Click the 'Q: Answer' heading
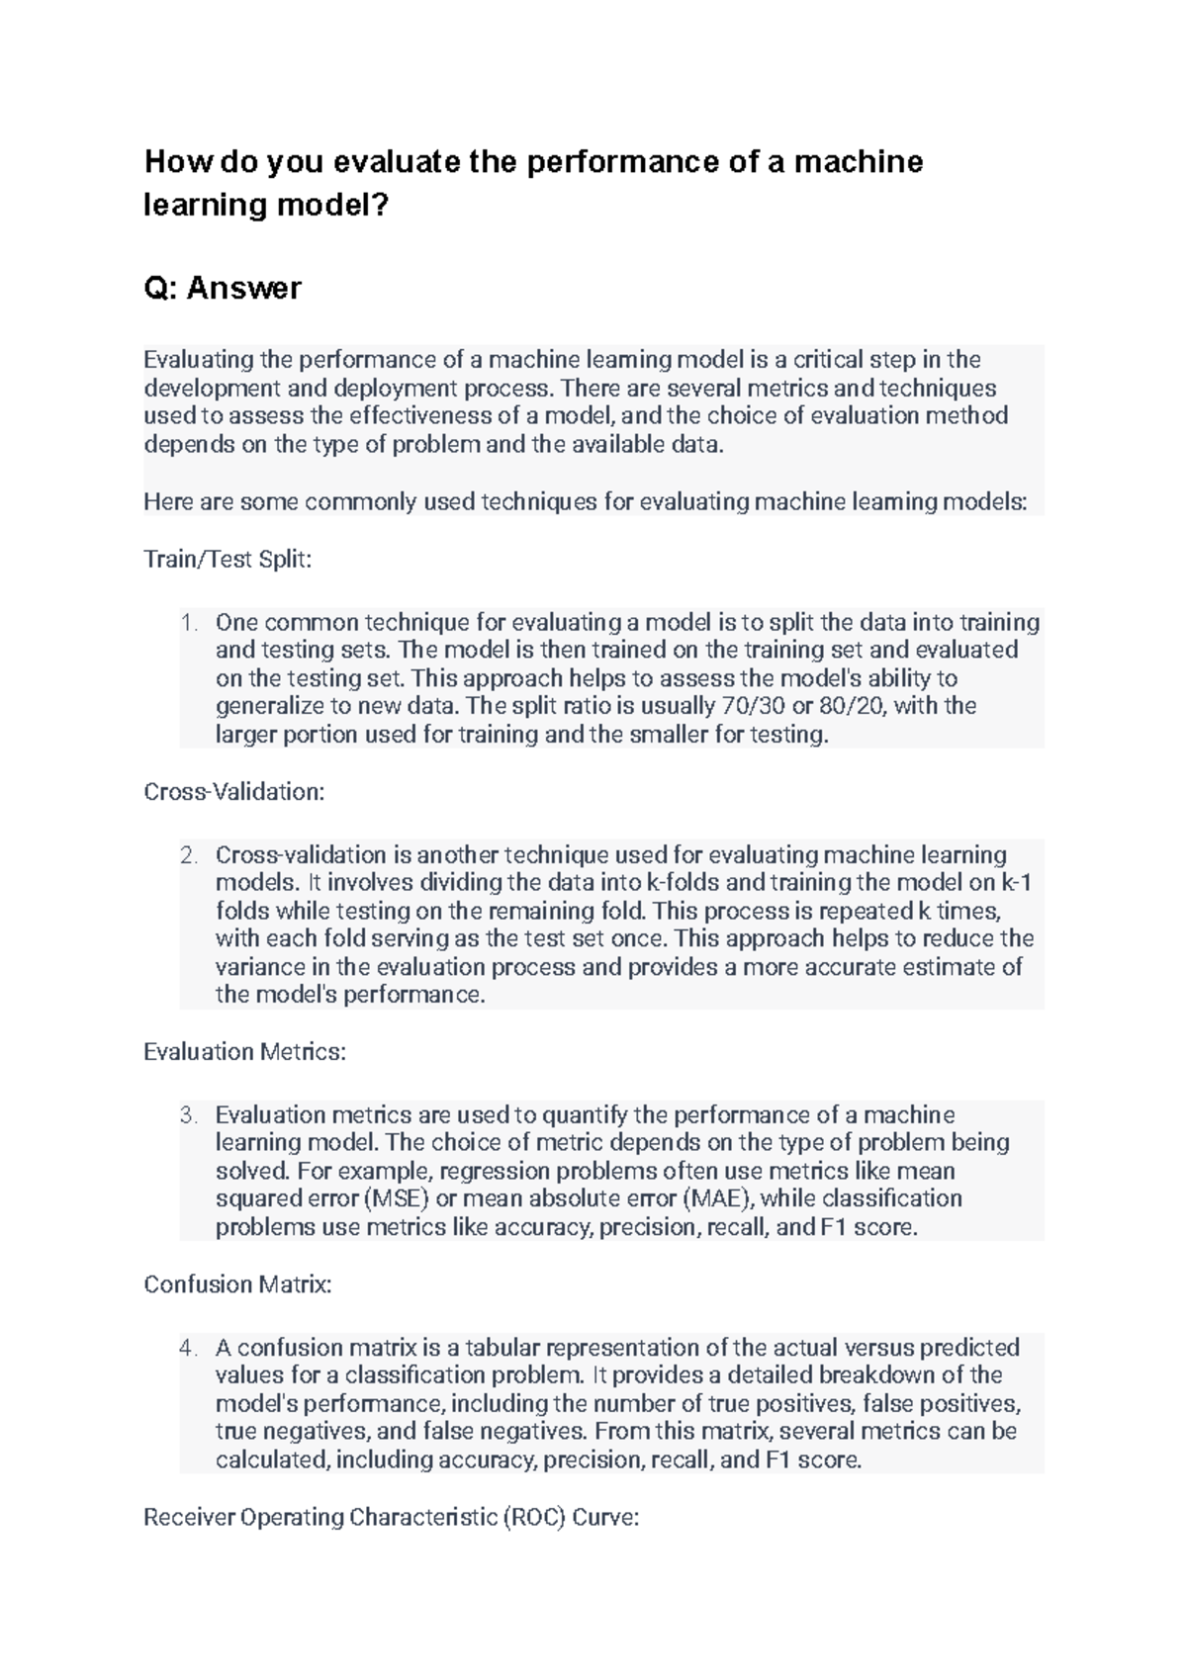(x=223, y=288)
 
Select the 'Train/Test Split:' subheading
(x=228, y=560)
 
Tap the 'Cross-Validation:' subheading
(x=234, y=792)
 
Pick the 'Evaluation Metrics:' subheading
(x=244, y=1052)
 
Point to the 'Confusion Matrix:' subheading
(x=237, y=1284)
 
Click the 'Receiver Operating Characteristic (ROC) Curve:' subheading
(x=391, y=1517)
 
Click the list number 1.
(x=189, y=623)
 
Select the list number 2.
(x=189, y=855)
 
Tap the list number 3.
(x=189, y=1115)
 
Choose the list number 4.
(x=189, y=1348)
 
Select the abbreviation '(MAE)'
(x=718, y=1198)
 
